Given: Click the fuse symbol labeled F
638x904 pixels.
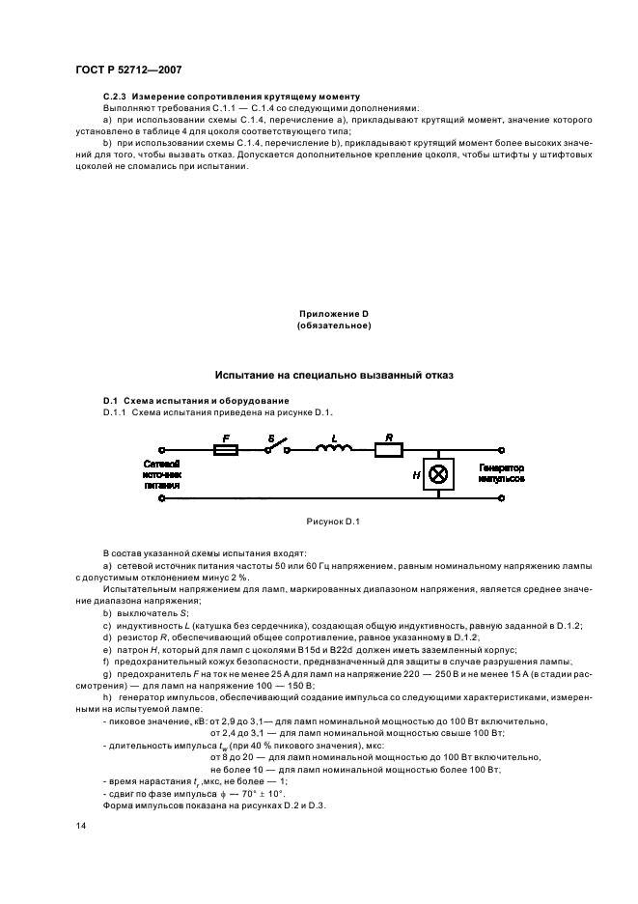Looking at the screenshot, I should [225, 450].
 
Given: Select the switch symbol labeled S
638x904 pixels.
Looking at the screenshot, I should [281, 447].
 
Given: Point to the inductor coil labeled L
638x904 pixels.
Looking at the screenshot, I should [334, 448].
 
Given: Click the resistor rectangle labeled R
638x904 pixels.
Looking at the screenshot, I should [389, 450].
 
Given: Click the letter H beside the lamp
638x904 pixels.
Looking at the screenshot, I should [416, 475].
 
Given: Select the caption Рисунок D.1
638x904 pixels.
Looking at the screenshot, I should [332, 522].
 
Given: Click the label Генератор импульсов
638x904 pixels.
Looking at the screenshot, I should [501, 473].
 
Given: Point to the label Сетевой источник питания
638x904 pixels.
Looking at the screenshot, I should [161, 474].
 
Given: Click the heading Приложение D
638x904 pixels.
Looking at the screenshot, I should [334, 314].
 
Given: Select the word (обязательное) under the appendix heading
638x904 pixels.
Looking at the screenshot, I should [334, 326].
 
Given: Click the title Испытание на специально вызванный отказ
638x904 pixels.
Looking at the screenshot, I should [333, 374].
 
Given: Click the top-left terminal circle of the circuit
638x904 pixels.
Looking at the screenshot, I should [161, 450].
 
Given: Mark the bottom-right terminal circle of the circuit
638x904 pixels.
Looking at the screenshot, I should [501, 498].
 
